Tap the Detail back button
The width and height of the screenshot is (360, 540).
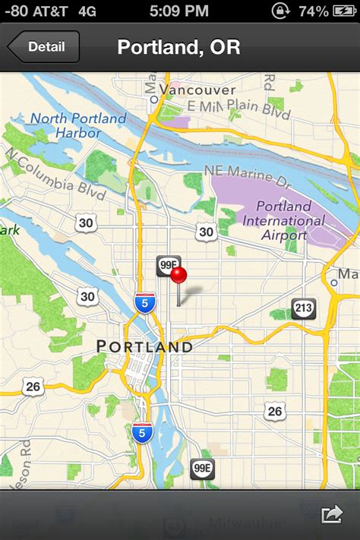tap(44, 47)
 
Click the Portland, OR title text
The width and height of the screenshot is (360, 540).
tap(178, 47)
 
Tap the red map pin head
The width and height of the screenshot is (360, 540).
tap(178, 274)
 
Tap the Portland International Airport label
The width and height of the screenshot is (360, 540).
tap(283, 220)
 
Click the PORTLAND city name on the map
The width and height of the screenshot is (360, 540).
tap(144, 346)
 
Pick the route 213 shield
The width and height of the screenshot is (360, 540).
tap(304, 308)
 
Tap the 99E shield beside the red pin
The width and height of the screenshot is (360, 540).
tap(167, 265)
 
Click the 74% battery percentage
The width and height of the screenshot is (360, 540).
tap(314, 11)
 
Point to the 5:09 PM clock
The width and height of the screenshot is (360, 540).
tap(178, 11)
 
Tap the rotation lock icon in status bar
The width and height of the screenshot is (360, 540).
tap(283, 11)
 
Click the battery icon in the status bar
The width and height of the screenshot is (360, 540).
tap(345, 11)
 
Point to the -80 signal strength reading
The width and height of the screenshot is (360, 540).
tap(15, 11)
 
